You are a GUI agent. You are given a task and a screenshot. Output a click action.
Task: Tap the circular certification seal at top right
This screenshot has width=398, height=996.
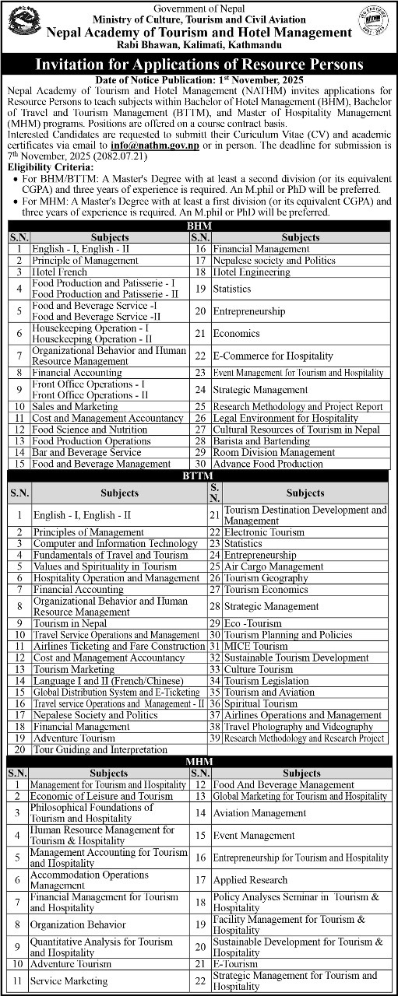pyautogui.click(x=373, y=22)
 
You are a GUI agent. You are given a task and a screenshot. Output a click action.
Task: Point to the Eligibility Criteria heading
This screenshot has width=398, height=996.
pyautogui.click(x=48, y=167)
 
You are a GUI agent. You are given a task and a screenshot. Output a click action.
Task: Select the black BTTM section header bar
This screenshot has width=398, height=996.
pyautogui.click(x=198, y=475)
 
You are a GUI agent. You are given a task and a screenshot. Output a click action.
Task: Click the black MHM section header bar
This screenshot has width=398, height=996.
pyautogui.click(x=198, y=760)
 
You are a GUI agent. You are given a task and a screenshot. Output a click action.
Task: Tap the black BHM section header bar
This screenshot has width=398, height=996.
pyautogui.click(x=198, y=225)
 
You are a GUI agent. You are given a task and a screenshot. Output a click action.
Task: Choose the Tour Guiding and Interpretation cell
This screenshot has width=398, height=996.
pyautogui.click(x=100, y=749)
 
